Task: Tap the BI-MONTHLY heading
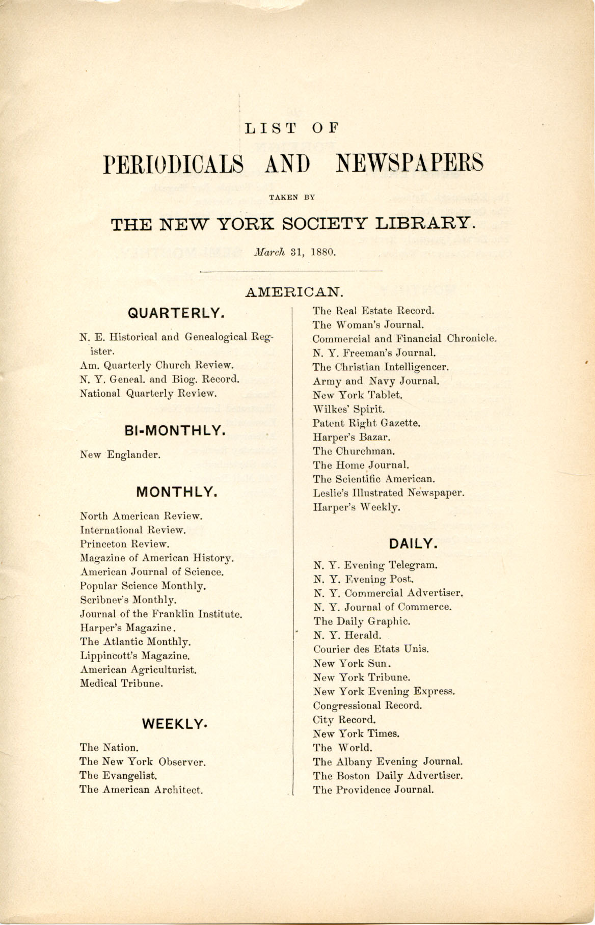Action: point(175,431)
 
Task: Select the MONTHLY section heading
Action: point(177,492)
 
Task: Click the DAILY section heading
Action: point(414,543)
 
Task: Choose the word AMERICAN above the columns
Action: point(295,292)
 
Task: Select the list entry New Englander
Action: point(120,455)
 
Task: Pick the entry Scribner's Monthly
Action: point(128,600)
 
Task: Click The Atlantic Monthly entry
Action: point(135,642)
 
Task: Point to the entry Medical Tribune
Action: point(121,684)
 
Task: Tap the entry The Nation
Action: point(109,748)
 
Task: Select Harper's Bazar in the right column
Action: point(352,437)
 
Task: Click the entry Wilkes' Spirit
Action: point(349,409)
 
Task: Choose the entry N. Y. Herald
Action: point(347,635)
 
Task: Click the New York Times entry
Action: point(356,734)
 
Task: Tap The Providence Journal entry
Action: point(373,790)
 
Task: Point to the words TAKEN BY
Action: point(296,195)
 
